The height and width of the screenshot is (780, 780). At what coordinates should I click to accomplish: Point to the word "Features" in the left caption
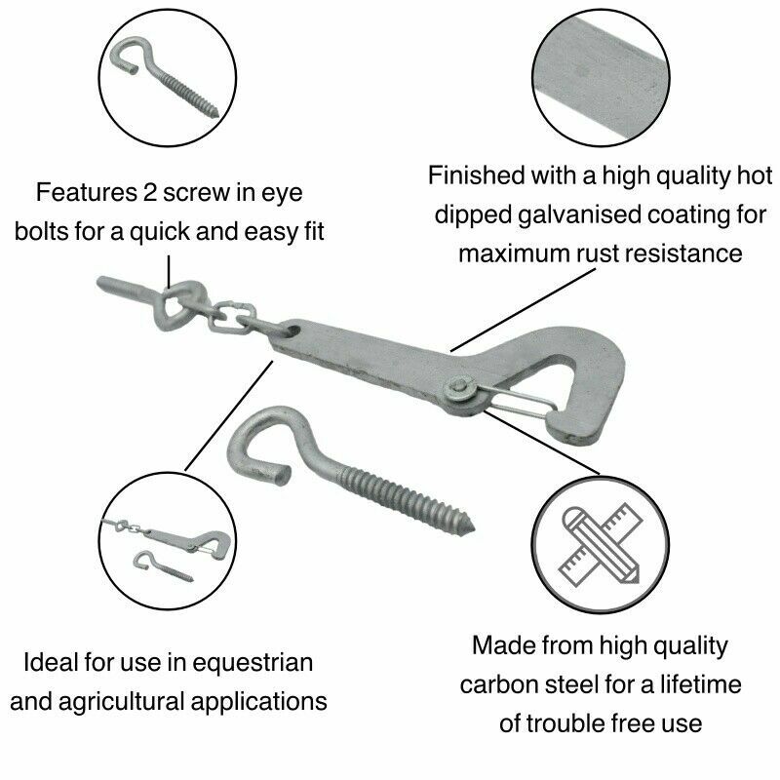pyautogui.click(x=82, y=192)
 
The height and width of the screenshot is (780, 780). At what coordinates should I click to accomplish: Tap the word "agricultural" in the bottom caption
pyautogui.click(x=128, y=701)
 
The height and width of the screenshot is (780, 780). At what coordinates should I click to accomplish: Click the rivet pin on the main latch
pyautogui.click(x=460, y=389)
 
